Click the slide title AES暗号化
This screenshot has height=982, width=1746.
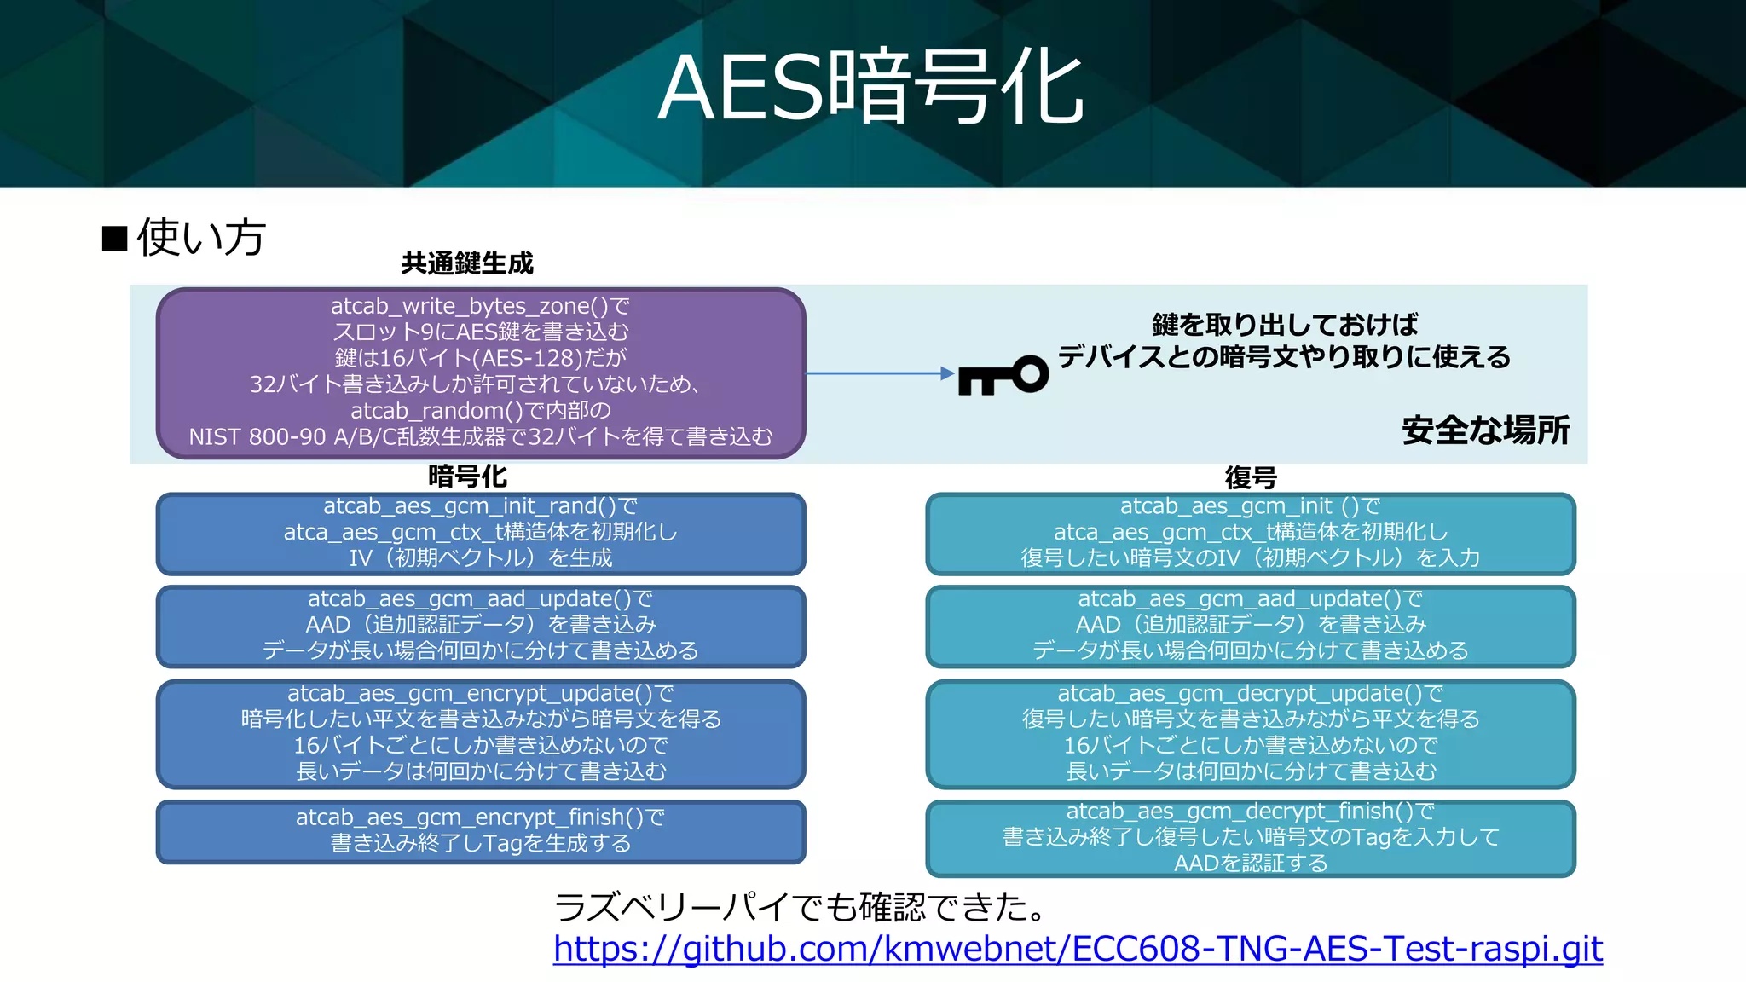pos(871,88)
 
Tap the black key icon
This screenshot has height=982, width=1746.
pos(1003,375)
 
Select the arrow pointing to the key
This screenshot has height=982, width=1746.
pos(879,373)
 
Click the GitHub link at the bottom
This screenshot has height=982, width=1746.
pos(1078,948)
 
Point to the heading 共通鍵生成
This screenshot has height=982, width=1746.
pos(467,263)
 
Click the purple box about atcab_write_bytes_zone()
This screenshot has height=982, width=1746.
pos(481,373)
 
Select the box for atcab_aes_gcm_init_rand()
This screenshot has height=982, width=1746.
pos(481,533)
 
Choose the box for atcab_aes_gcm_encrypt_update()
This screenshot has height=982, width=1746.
pos(481,733)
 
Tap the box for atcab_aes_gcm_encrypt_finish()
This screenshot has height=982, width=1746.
pos(481,831)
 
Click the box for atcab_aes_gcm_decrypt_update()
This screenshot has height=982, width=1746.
pos(1251,733)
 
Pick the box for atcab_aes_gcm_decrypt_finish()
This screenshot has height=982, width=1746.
pos(1251,838)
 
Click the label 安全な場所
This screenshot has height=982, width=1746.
pos(1485,430)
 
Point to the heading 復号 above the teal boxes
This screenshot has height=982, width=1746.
pos(1251,477)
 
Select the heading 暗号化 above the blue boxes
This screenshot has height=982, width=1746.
pos(467,477)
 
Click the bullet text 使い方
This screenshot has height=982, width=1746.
pos(201,237)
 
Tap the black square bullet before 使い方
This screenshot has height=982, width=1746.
pos(114,239)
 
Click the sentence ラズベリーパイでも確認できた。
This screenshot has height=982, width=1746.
pos(801,906)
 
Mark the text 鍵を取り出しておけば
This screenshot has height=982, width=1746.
pos(1285,325)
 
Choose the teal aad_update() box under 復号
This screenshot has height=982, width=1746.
pos(1251,626)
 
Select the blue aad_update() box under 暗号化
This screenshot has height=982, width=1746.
pos(481,626)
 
